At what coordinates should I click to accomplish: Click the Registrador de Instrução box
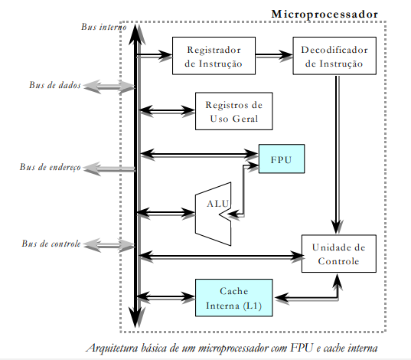click(x=214, y=56)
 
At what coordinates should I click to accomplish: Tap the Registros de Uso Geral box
click(x=235, y=111)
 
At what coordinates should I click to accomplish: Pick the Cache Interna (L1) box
click(x=233, y=297)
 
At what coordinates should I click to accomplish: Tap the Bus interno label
click(x=104, y=27)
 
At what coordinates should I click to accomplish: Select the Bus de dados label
click(x=51, y=85)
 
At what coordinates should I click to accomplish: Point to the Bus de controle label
click(x=50, y=244)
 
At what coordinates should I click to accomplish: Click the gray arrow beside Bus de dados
click(x=109, y=85)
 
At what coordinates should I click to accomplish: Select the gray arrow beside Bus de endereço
click(x=109, y=167)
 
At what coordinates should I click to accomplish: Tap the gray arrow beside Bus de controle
click(x=109, y=244)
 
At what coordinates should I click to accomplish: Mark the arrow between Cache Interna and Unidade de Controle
click(x=306, y=294)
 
